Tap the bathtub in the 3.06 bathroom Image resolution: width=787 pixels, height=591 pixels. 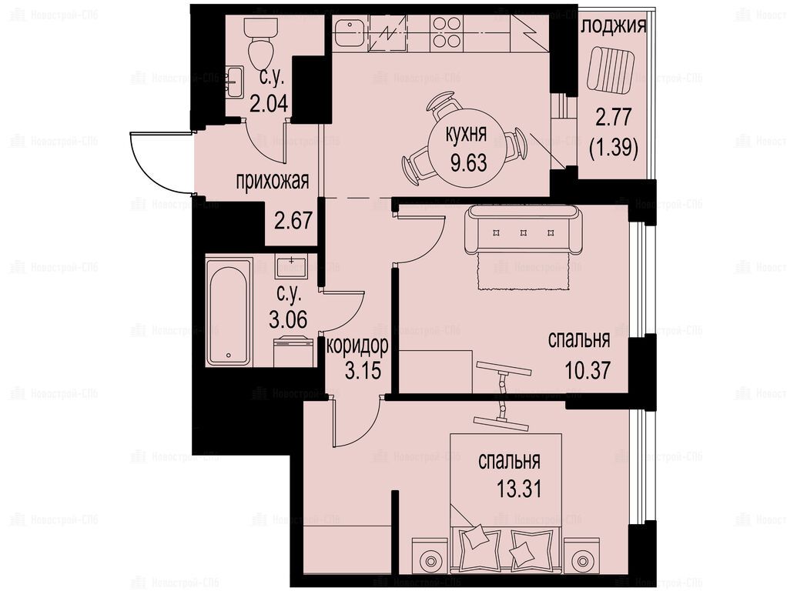[x=229, y=312]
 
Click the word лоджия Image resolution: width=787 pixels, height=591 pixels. [x=615, y=26]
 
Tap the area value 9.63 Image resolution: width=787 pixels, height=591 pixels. [x=468, y=163]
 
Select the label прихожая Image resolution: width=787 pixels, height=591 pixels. [x=273, y=182]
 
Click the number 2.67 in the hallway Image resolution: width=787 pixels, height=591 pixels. [x=293, y=220]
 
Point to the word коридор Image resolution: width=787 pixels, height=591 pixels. [x=357, y=346]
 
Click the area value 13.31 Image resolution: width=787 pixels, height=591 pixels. [x=519, y=489]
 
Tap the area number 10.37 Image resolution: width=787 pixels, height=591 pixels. [x=588, y=370]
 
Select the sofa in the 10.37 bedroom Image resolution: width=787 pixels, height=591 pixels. [x=524, y=229]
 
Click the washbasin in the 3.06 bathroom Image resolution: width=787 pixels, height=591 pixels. [x=291, y=266]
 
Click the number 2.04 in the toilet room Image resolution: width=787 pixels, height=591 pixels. [x=269, y=104]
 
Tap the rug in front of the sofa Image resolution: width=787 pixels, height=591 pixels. [x=524, y=271]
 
